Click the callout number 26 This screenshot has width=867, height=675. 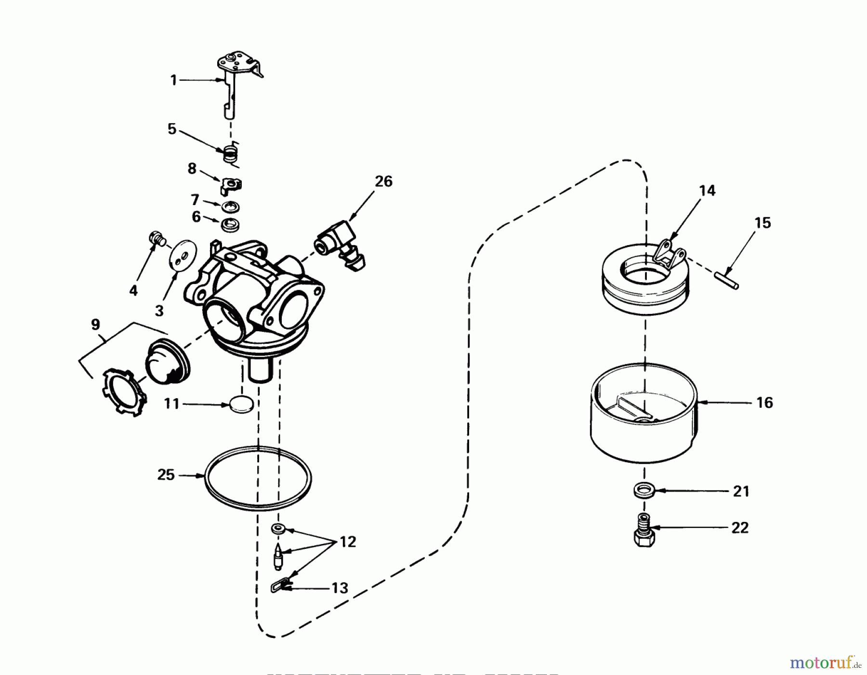click(384, 182)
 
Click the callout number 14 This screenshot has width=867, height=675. click(708, 190)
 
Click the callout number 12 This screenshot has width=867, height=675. click(348, 542)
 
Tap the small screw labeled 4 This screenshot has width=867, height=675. click(156, 237)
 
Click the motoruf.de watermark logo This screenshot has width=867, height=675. click(825, 664)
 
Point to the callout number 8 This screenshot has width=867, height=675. click(192, 169)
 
